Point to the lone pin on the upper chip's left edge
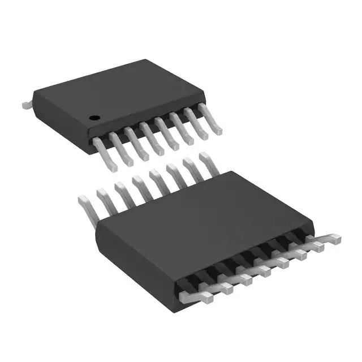coord(25,106)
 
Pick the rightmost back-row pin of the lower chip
coord(202,160)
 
